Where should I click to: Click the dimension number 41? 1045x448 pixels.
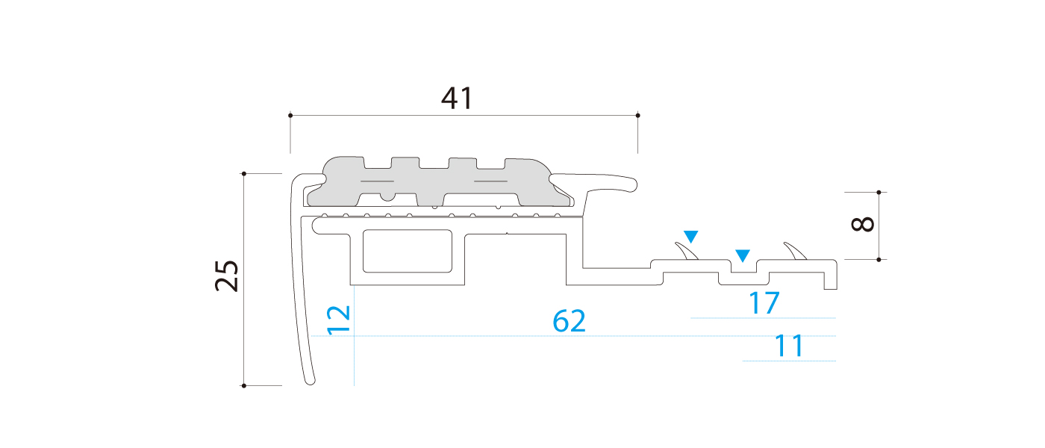(457, 99)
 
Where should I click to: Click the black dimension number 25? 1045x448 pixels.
(227, 276)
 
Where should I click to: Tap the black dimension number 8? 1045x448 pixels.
(863, 225)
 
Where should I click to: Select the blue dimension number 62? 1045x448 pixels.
(569, 321)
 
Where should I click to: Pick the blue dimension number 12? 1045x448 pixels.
(338, 320)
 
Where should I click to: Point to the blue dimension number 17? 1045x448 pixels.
(764, 303)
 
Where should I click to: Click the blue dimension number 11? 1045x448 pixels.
(789, 346)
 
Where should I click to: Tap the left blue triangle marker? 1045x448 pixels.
(691, 237)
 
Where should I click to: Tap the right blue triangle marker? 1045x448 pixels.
(743, 255)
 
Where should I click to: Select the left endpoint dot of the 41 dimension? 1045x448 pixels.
(290, 115)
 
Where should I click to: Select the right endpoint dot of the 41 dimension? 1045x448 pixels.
(637, 115)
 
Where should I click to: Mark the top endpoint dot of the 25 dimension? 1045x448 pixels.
(243, 173)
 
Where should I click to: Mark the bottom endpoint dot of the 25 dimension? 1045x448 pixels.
(243, 386)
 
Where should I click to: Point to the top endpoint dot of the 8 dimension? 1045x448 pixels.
(879, 193)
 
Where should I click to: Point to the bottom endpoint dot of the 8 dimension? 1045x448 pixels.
(879, 260)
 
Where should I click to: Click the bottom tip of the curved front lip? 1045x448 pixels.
(311, 382)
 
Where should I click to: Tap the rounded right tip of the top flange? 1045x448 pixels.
(634, 184)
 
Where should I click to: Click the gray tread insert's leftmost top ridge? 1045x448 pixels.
(343, 161)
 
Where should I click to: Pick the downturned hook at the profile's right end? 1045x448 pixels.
(830, 281)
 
